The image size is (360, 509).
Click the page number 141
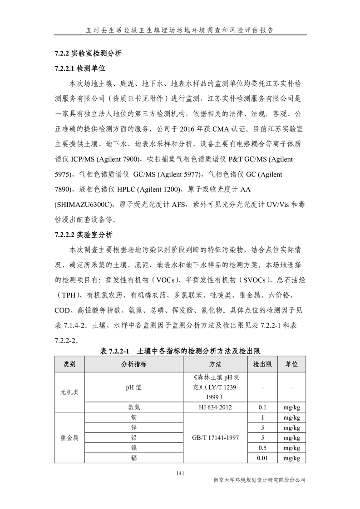pyautogui.click(x=180, y=474)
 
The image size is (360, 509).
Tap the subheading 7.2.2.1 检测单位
pyautogui.click(x=79, y=69)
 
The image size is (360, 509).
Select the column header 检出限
pyautogui.click(x=262, y=364)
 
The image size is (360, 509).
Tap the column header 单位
pyautogui.click(x=291, y=364)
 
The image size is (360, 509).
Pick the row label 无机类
pyautogui.click(x=69, y=392)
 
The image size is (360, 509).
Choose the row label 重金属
pyautogui.click(x=69, y=438)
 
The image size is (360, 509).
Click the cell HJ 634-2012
pyautogui.click(x=215, y=407)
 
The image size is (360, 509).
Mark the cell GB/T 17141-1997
pyautogui.click(x=215, y=438)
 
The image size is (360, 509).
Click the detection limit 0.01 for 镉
pyautogui.click(x=262, y=458)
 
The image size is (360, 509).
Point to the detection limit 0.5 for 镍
pyautogui.click(x=262, y=448)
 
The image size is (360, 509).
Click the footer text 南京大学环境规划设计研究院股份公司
pyautogui.click(x=259, y=480)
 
